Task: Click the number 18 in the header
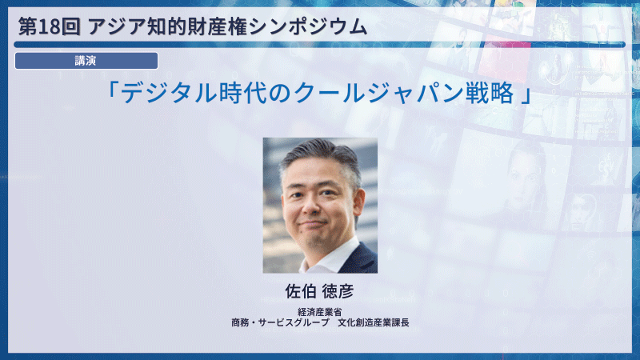pos(46,26)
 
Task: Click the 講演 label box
pos(86,61)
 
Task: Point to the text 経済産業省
pos(320,312)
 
